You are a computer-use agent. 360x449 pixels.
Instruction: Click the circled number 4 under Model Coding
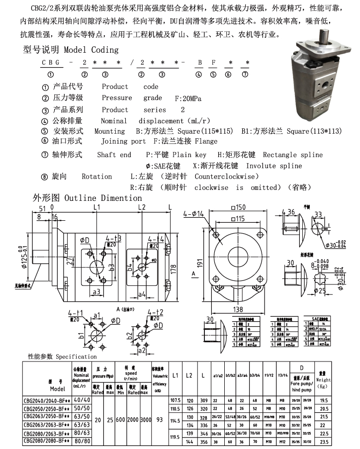coord(198,75)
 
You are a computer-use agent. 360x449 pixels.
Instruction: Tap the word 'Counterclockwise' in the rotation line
coord(226,177)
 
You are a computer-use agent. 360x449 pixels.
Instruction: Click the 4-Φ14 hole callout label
coord(194,214)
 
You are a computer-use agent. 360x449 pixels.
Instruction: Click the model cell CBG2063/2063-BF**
coord(47,425)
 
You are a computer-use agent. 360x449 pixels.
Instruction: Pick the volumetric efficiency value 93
coord(159,420)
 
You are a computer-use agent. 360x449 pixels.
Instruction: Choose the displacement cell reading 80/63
coord(82,433)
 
